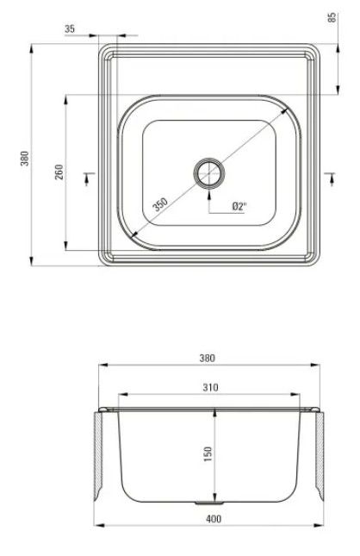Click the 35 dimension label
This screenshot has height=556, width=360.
(70, 28)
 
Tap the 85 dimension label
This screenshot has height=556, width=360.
(332, 18)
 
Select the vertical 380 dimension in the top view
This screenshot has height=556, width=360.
(24, 159)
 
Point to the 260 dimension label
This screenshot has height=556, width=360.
(59, 172)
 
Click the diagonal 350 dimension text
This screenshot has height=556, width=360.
(160, 204)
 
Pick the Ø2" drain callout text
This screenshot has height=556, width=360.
(239, 206)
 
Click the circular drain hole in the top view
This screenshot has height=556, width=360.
(209, 173)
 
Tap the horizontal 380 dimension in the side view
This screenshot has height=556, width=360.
(207, 358)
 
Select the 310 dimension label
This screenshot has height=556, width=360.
(210, 387)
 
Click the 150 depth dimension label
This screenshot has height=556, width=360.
(208, 453)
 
